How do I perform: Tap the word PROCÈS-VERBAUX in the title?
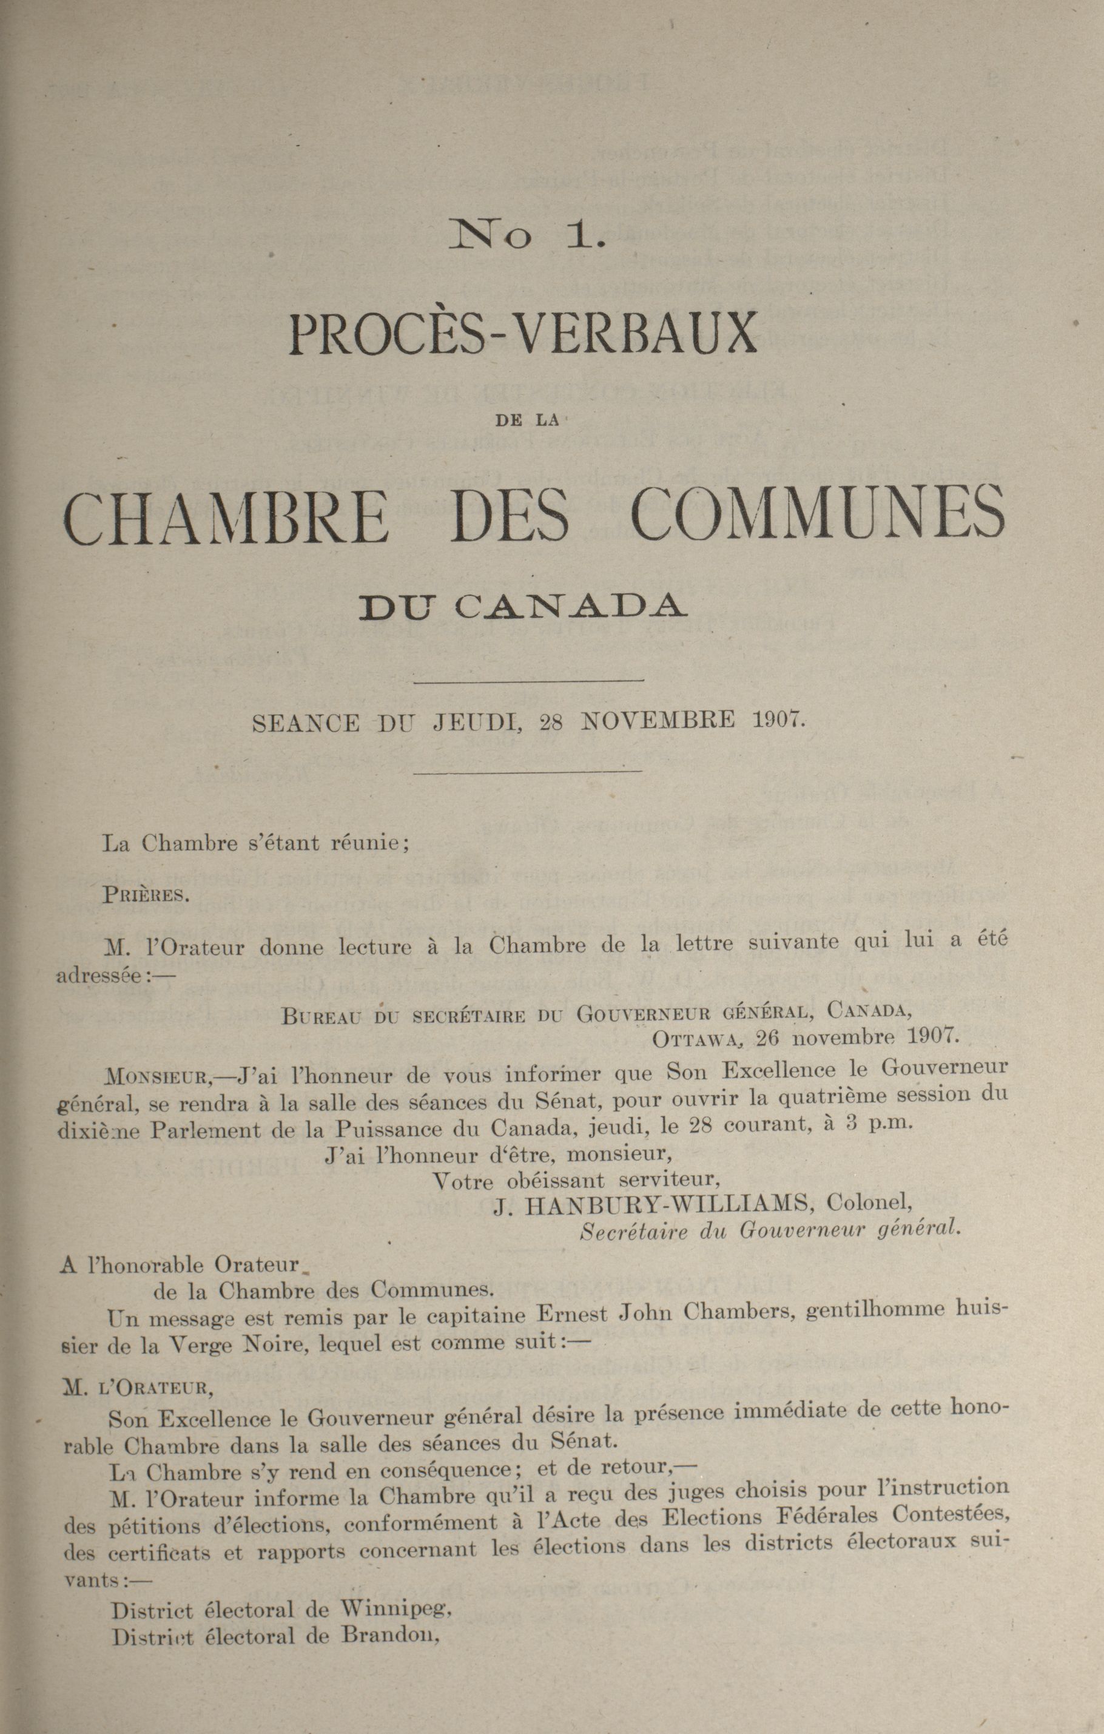[523, 336]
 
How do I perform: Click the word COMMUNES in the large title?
[816, 513]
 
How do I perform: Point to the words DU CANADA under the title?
[523, 606]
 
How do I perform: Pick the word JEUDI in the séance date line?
[477, 721]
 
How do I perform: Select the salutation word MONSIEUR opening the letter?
[157, 1078]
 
